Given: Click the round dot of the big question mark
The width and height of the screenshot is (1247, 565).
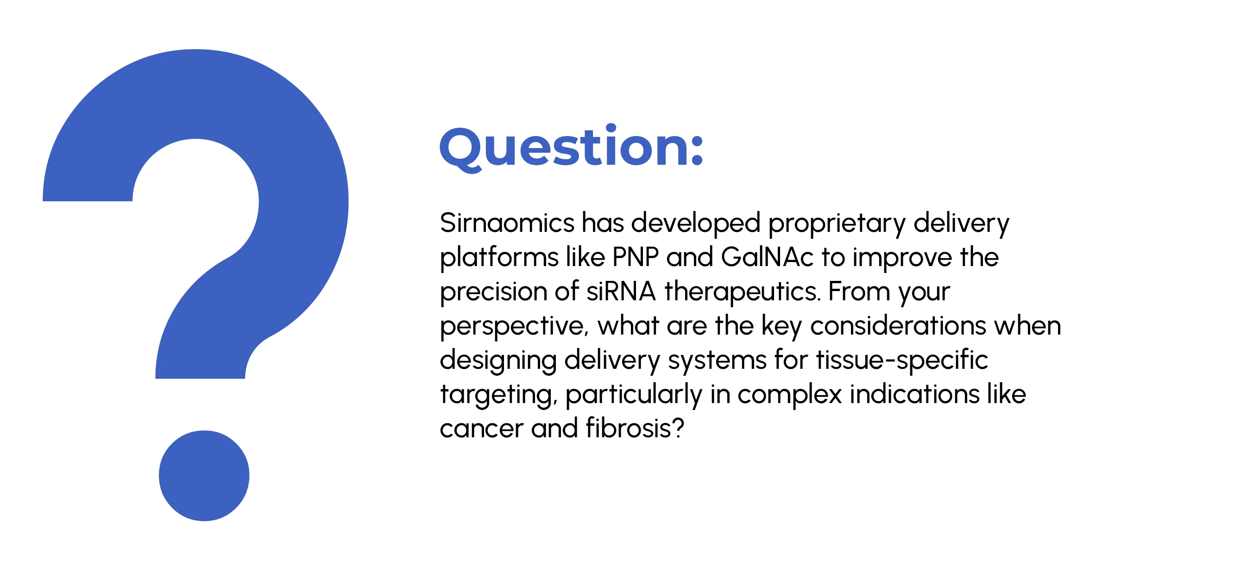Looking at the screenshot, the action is coord(204,476).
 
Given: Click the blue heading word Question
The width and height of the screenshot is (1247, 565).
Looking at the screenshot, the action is coord(564,148).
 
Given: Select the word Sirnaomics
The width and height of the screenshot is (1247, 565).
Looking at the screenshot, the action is coord(507,223).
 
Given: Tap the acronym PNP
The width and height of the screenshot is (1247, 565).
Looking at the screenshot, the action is coord(635,257).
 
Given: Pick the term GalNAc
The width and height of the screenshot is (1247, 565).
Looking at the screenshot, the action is coord(767,257).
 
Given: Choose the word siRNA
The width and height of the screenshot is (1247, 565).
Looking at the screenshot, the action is coord(621,292).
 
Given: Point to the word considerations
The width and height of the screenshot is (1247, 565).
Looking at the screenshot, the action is coord(898,326).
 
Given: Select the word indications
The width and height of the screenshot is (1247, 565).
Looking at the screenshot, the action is coord(914,394).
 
